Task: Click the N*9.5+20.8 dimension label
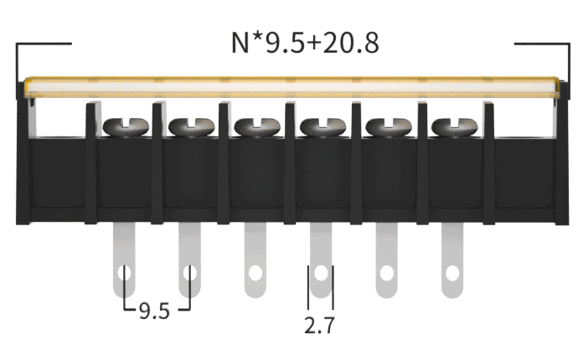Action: coord(305,43)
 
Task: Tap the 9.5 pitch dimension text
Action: coord(154,311)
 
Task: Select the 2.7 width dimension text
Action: coord(319,326)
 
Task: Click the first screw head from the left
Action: coord(126,127)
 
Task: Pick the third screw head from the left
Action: coord(257,127)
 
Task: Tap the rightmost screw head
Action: coord(455,127)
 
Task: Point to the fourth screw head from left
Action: coord(323,127)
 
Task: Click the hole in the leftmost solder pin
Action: coord(125,274)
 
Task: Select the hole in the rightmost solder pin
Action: coord(452,274)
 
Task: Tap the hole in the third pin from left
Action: coord(255,274)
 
